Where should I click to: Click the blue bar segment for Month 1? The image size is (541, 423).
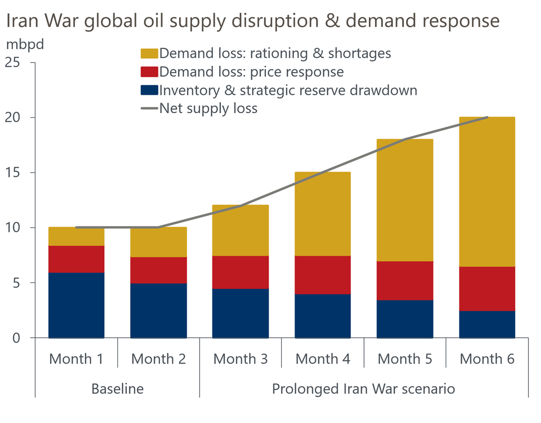76,305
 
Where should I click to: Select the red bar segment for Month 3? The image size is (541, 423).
240,273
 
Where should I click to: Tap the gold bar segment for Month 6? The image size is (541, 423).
487,192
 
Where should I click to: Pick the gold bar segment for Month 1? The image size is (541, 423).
76,237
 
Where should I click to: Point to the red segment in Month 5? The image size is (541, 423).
405,281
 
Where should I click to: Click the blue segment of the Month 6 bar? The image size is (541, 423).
487,324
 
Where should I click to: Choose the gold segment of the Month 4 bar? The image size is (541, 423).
322,214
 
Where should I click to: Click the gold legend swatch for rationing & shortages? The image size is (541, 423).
150,54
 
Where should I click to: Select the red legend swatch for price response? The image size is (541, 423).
150,72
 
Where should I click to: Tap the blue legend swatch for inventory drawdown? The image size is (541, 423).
150,90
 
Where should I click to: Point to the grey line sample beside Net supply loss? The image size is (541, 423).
150,109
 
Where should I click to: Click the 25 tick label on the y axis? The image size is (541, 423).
20,63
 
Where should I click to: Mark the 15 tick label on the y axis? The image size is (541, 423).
20,173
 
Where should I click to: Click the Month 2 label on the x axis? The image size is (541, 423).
158,359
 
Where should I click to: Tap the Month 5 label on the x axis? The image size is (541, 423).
405,359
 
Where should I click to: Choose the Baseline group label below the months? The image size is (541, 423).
117,389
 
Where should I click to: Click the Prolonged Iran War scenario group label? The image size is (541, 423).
363,389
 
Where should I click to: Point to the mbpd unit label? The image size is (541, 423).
25,44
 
